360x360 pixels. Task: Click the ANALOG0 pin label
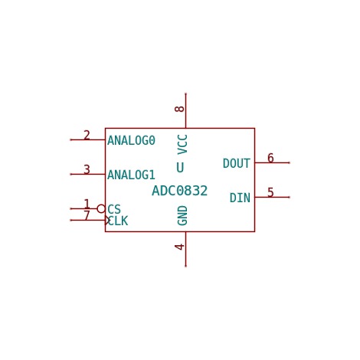131,140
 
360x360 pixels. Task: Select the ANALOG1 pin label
131,175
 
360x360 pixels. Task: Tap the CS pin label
114,209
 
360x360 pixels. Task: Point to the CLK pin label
118,221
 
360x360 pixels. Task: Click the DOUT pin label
237,163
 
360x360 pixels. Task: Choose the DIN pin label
240,198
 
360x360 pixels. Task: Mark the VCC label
182,145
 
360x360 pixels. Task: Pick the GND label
182,215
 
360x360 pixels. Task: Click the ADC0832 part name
179,191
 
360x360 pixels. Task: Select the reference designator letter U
180,168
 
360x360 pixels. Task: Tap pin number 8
179,109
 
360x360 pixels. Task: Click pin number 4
179,247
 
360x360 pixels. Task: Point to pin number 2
87,135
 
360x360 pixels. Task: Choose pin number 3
87,169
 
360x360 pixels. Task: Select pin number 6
270,158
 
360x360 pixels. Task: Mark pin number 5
270,192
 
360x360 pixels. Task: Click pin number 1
87,204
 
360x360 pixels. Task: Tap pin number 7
87,215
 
